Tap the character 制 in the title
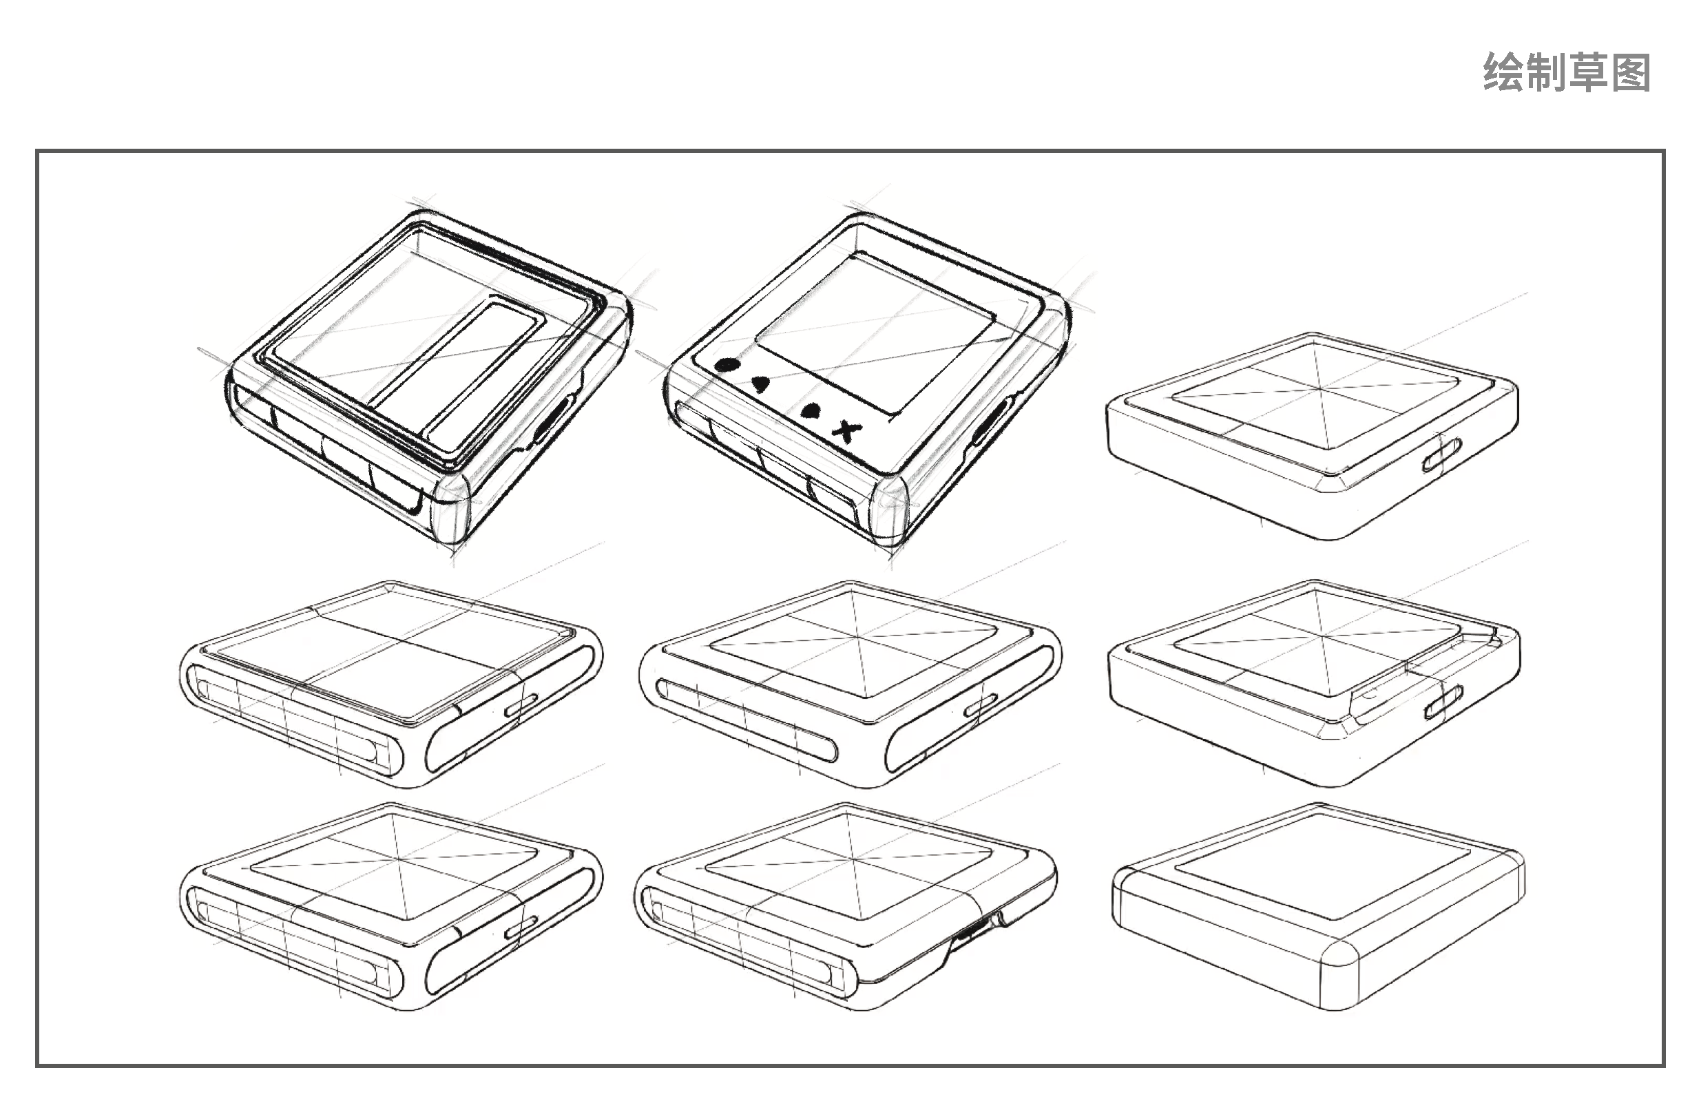1546,73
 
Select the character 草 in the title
1588,73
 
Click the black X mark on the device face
848,430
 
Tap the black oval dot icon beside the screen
726,364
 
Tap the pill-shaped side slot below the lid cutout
1443,701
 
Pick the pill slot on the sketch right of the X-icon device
1440,455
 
